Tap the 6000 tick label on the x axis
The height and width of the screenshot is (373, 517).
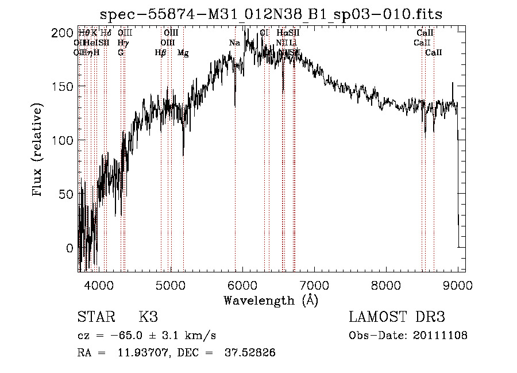pos(242,284)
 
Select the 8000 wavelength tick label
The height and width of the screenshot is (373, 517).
pos(386,284)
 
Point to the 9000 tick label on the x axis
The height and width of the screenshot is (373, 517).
pos(458,284)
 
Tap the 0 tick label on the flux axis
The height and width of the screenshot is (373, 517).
pos(70,248)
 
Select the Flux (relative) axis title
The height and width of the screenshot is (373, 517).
pos(38,151)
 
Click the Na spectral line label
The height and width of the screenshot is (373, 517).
pos(234,43)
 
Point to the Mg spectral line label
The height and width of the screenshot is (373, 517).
pos(183,53)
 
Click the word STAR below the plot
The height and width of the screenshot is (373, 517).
pos(95,317)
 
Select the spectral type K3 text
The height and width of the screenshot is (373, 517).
pos(148,317)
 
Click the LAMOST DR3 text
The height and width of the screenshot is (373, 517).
pos(397,317)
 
